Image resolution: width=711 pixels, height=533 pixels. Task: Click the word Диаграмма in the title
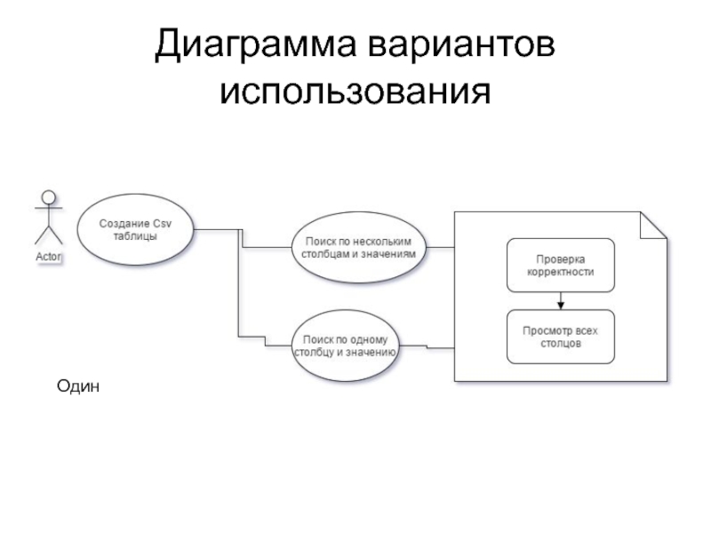256,44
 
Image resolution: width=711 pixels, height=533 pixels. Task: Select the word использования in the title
355,91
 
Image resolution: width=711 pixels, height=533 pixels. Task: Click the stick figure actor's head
49,197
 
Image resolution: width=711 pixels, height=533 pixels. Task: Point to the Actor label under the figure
49,257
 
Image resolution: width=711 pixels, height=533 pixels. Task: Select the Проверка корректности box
561,265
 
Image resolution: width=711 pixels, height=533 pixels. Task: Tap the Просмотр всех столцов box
561,337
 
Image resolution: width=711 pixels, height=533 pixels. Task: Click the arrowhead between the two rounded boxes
561,306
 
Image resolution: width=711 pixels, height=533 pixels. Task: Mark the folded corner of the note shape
653,225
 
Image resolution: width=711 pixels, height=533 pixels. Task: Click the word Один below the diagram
78,386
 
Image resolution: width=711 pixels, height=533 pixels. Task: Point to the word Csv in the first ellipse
163,224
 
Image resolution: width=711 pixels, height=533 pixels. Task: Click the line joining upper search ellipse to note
440,248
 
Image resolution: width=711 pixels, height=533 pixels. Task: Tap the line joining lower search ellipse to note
427,346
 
